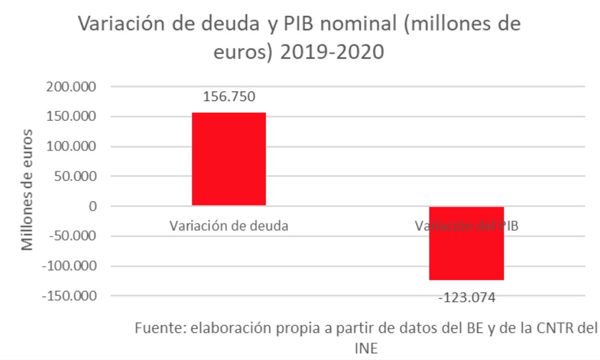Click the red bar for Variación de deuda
point(229,159)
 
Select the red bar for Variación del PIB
point(466,243)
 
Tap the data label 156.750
point(229,97)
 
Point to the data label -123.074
point(466,298)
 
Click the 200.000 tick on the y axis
point(72,87)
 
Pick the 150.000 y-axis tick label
point(72,117)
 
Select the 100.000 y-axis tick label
point(72,147)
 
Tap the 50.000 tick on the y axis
point(76,176)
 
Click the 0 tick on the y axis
point(93,207)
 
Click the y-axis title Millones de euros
point(28,190)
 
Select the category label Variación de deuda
point(229,226)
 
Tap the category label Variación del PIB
point(466,226)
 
